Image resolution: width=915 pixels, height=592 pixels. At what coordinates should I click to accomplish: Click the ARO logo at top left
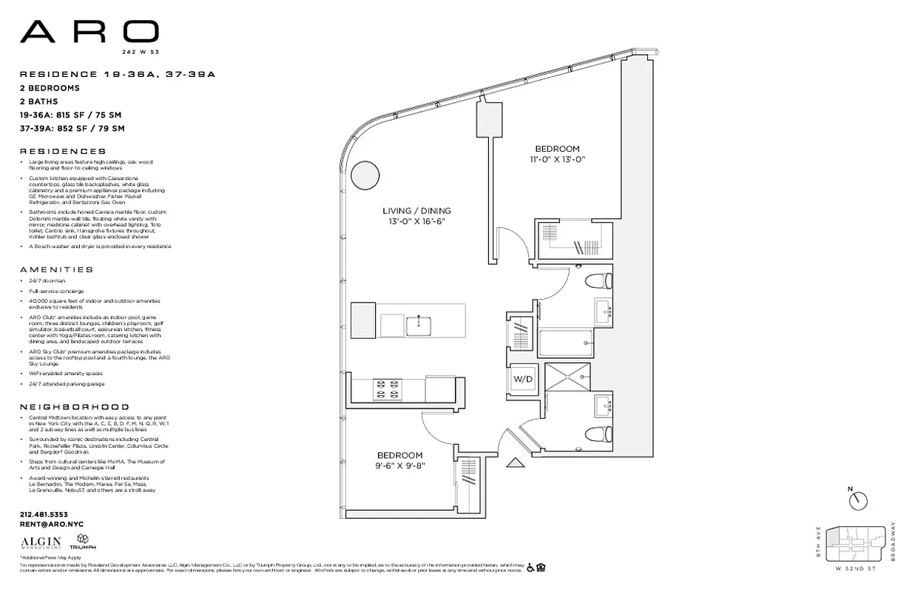(89, 31)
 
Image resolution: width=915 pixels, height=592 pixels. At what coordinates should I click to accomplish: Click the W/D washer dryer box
(523, 378)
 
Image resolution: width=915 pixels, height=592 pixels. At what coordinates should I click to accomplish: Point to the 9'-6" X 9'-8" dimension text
(399, 465)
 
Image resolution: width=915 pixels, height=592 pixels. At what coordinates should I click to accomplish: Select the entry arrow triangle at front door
(515, 463)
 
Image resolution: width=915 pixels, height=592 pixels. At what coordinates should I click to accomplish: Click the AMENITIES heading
(56, 270)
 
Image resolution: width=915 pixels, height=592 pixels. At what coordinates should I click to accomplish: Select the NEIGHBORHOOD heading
(74, 407)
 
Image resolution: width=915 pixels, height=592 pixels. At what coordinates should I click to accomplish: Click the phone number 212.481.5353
(44, 514)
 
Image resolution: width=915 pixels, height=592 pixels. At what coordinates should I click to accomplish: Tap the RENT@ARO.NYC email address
(51, 524)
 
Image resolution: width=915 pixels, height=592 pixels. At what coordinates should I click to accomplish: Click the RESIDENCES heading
(62, 151)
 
